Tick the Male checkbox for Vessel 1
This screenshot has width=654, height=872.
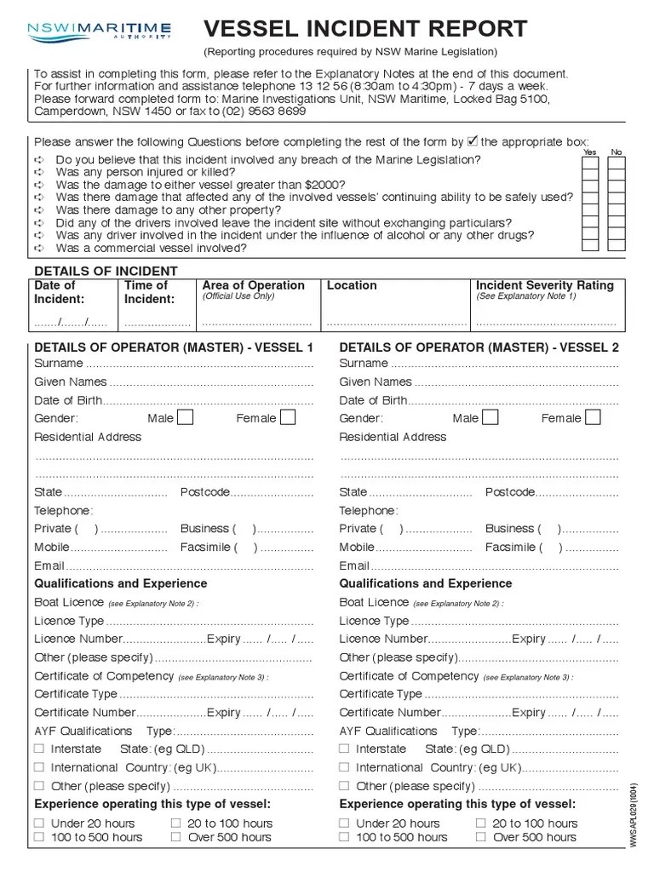[185, 417]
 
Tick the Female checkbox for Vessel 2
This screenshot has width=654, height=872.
[593, 417]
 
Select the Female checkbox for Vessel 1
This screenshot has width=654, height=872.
[288, 417]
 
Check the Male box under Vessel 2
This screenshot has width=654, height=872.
[490, 417]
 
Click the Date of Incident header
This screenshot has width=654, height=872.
[59, 292]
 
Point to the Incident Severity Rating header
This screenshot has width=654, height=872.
[544, 285]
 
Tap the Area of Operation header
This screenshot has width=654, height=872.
[253, 285]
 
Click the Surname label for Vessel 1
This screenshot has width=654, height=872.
[58, 364]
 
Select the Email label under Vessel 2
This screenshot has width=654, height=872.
[354, 565]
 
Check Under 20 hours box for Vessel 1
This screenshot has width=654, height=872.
[39, 823]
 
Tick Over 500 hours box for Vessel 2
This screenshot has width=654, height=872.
[481, 837]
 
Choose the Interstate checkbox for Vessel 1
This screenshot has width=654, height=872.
[39, 749]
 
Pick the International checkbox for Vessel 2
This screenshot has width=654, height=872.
[344, 767]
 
